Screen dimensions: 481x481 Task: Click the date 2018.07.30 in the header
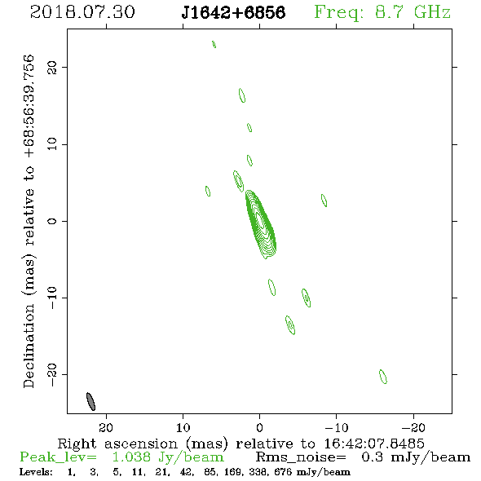coord(82,12)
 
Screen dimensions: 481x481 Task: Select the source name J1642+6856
coord(233,13)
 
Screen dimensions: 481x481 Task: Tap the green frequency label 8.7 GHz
coord(413,12)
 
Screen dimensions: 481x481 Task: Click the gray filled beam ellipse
coord(90,401)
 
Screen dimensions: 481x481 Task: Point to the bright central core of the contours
coord(260,220)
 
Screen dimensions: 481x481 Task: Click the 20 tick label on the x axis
coord(106,427)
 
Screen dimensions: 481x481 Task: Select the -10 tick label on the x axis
coord(337,427)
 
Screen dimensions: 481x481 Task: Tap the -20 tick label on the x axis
coord(413,427)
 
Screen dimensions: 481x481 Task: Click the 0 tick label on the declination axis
coord(52,221)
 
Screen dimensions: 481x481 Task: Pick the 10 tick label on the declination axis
coord(52,144)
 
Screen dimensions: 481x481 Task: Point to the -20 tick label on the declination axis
coord(52,375)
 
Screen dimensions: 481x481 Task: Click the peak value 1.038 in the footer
coord(131,457)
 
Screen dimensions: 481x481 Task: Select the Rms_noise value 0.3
coord(372,457)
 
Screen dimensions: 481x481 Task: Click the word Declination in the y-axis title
coord(29,346)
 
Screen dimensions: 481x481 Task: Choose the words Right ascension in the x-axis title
coord(117,443)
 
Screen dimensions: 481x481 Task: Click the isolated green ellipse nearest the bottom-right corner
coord(383,377)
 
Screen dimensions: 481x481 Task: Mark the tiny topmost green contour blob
coord(214,44)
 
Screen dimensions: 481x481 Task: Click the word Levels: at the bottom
coord(36,472)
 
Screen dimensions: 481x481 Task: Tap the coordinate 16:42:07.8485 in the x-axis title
coord(374,443)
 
